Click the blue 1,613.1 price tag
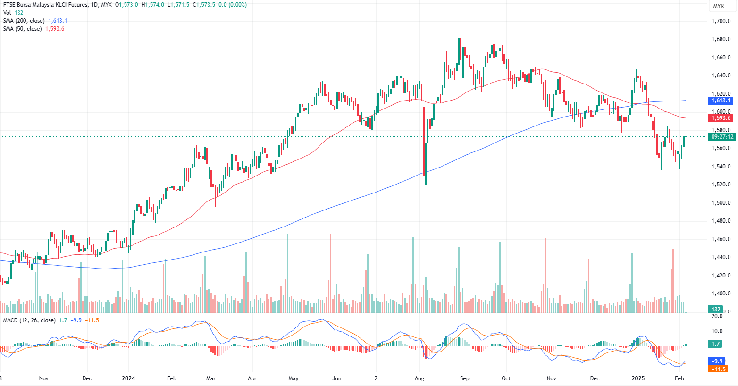click(721, 101)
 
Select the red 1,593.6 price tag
click(721, 118)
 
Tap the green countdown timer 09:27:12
click(722, 137)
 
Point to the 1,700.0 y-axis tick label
click(721, 21)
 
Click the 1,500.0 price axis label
click(721, 203)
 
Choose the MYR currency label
click(718, 6)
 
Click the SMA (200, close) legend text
click(24, 21)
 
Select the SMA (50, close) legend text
click(22, 29)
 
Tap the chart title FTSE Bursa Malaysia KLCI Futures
click(45, 5)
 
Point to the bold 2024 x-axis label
click(128, 378)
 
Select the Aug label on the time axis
click(419, 378)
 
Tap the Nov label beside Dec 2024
click(551, 378)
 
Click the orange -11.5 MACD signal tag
click(718, 369)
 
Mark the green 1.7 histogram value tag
click(716, 344)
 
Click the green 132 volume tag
click(716, 310)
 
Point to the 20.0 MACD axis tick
click(717, 316)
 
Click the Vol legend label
click(7, 13)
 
